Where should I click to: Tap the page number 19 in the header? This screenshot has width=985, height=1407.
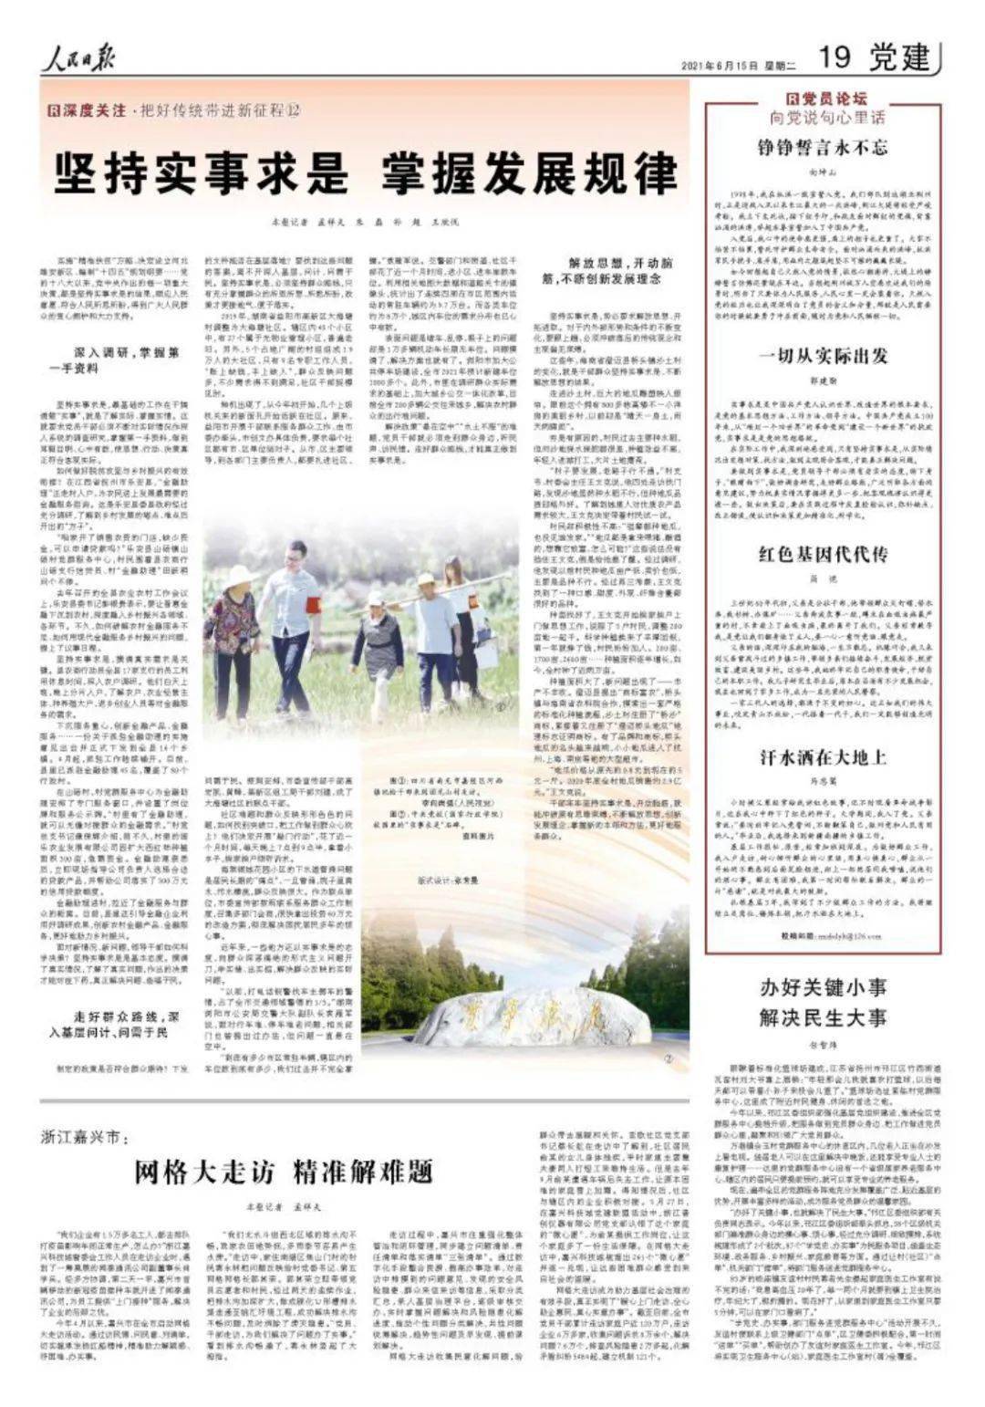[835, 58]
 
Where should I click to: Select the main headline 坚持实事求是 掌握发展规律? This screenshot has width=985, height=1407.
[366, 172]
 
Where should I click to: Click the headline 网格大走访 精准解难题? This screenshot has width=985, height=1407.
[283, 1171]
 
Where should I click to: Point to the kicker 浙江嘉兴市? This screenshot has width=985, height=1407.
[92, 1137]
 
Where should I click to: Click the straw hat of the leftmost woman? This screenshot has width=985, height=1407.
[239, 575]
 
